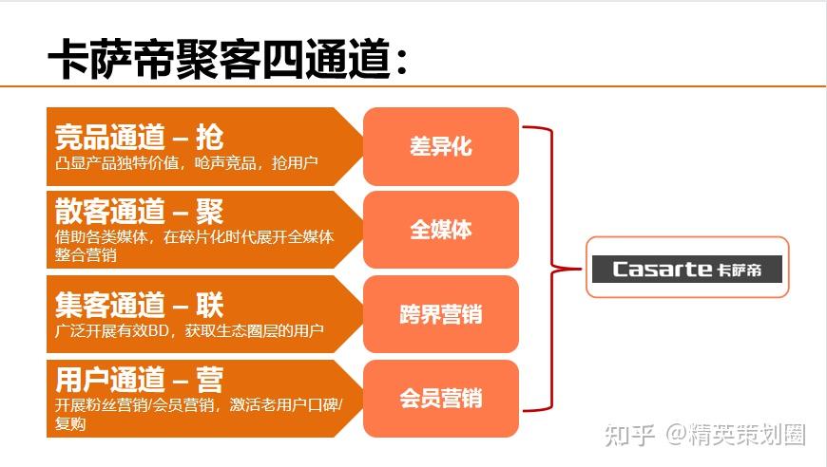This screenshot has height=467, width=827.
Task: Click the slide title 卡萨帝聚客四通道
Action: tap(227, 59)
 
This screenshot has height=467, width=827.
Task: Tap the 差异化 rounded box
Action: tap(441, 146)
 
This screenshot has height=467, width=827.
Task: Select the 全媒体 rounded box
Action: tap(441, 230)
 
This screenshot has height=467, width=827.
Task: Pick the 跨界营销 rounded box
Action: tap(441, 314)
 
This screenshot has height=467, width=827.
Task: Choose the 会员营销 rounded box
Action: tap(441, 399)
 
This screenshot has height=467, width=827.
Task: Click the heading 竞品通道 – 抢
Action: tap(139, 137)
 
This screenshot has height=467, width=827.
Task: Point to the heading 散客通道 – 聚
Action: tap(139, 211)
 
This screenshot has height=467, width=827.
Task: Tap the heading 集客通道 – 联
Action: tap(139, 306)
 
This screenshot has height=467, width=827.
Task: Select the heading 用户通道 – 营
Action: tap(139, 380)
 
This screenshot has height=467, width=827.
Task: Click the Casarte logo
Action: tap(687, 269)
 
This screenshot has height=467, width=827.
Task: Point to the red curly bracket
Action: tap(553, 269)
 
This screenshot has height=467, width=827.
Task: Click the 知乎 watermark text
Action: tap(629, 435)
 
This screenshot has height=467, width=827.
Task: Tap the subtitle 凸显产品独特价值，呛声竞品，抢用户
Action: tap(186, 163)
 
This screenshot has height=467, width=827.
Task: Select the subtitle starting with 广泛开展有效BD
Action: tap(189, 330)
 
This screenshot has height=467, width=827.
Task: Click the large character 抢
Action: tap(210, 137)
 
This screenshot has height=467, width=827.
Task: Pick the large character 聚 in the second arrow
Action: tap(210, 211)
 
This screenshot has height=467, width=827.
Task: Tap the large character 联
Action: tap(210, 306)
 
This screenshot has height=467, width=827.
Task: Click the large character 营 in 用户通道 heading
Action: tap(210, 380)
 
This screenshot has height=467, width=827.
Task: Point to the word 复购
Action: tap(70, 423)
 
